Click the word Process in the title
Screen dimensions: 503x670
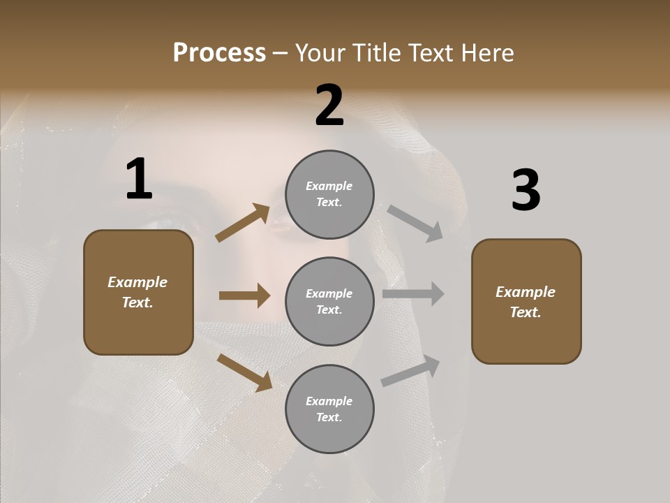click(x=219, y=53)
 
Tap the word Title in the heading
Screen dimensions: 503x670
click(x=375, y=53)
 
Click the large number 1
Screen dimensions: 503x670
click(x=139, y=180)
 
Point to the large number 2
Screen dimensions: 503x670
click(x=329, y=105)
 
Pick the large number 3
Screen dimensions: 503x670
click(x=526, y=191)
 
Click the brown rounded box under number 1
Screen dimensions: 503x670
click(x=138, y=292)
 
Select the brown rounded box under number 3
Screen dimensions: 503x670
click(x=526, y=302)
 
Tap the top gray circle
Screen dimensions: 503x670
click(x=329, y=194)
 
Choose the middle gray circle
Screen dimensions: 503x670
click(x=329, y=302)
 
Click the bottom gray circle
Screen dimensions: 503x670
click(x=329, y=409)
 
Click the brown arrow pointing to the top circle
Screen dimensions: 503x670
click(x=243, y=223)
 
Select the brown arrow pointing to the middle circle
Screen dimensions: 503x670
click(x=244, y=296)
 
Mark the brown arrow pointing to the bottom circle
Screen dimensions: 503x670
click(x=244, y=372)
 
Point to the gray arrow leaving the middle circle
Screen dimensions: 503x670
click(x=413, y=294)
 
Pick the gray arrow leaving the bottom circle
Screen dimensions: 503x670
click(x=410, y=371)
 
